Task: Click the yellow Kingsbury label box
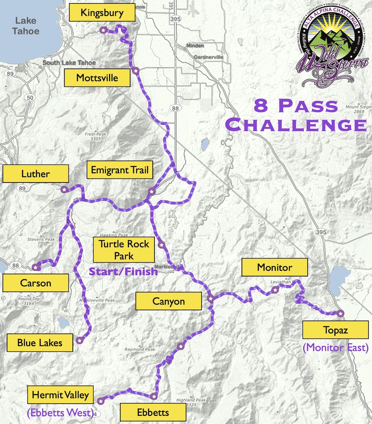pyautogui.click(x=102, y=13)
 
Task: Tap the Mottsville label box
pyautogui.click(x=97, y=78)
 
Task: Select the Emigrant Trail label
pyautogui.click(x=120, y=170)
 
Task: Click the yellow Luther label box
pyautogui.click(x=36, y=174)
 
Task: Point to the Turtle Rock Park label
pyautogui.click(x=124, y=250)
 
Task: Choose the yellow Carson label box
pyautogui.click(x=36, y=283)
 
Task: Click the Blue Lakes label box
pyautogui.click(x=40, y=343)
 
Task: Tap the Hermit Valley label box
pyautogui.click(x=60, y=395)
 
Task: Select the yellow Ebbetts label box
pyautogui.click(x=153, y=412)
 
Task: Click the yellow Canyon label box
pyautogui.click(x=168, y=301)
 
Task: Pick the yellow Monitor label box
pyautogui.click(x=274, y=267)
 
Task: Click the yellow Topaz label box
pyautogui.click(x=335, y=330)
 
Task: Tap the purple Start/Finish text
pyautogui.click(x=123, y=271)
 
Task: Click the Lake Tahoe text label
pyautogui.click(x=26, y=26)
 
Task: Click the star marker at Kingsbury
pyautogui.click(x=103, y=30)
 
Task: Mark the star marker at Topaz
pyautogui.click(x=340, y=313)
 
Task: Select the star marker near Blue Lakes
pyautogui.click(x=79, y=340)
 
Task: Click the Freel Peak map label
pyautogui.click(x=96, y=136)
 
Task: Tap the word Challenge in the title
pyautogui.click(x=296, y=125)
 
